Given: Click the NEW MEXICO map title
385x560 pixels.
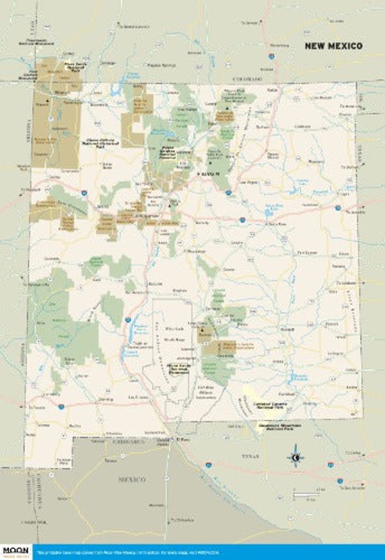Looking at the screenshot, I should point(333,46).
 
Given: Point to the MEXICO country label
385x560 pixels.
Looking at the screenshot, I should point(132,479).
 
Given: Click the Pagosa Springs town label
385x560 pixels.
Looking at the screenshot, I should point(154,65).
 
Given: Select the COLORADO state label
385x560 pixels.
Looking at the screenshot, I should point(247,78).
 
